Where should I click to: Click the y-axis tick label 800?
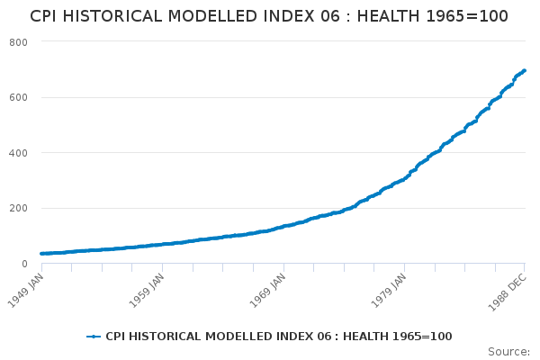click(x=18, y=42)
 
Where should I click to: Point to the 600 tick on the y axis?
click(x=18, y=97)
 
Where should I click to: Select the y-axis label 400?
click(x=18, y=153)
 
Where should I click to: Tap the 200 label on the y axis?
click(x=18, y=208)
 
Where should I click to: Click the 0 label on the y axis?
click(x=24, y=264)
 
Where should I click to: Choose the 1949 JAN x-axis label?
click(x=26, y=291)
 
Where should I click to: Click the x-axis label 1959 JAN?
click(x=147, y=291)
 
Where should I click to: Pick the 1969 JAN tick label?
click(x=268, y=291)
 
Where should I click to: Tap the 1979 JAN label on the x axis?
click(x=389, y=291)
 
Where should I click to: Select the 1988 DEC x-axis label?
click(x=508, y=292)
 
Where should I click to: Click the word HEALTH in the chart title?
click(x=389, y=16)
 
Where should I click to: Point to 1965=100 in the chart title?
click(x=467, y=16)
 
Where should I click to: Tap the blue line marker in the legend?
click(x=94, y=337)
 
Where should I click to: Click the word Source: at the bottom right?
click(x=508, y=352)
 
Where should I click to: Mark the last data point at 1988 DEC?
click(x=524, y=70)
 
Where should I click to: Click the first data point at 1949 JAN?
click(x=42, y=254)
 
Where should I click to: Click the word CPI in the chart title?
click(x=43, y=16)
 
